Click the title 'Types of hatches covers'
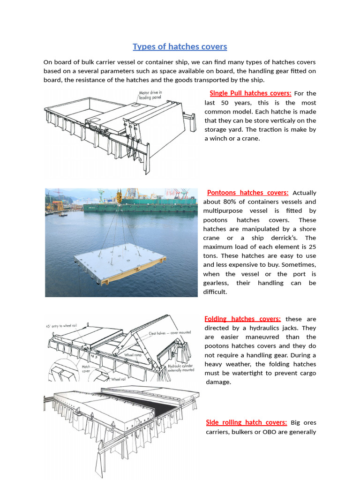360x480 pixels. tap(180, 46)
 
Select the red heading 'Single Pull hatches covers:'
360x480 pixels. tap(250, 93)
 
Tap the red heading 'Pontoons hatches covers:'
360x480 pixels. tap(247, 193)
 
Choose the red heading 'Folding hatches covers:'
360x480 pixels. tap(243, 319)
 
